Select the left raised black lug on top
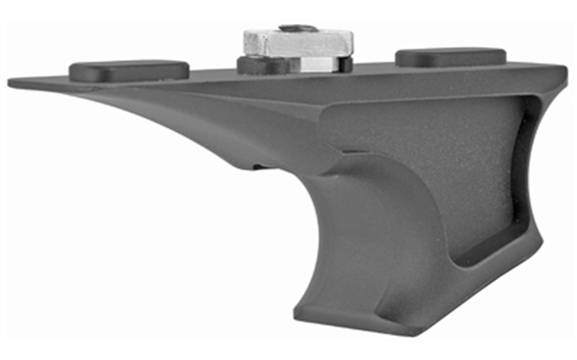129,69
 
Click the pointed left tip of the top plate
11,84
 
